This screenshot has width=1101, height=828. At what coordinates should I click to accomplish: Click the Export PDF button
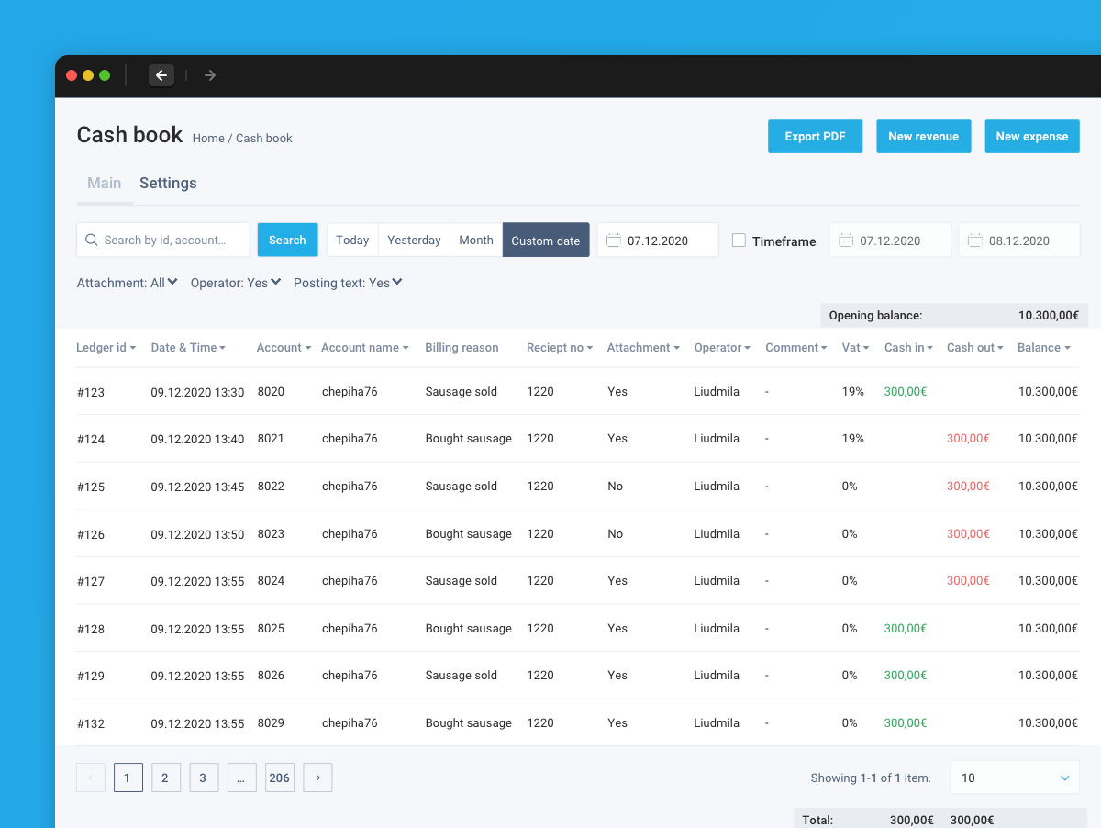[x=815, y=137]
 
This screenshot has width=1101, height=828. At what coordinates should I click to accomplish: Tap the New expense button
[x=1032, y=137]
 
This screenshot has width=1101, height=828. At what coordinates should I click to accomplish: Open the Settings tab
[x=168, y=184]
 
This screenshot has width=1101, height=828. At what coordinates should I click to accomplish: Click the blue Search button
[x=287, y=240]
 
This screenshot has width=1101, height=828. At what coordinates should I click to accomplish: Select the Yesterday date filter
[x=414, y=240]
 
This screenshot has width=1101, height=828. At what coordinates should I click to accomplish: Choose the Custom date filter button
[x=546, y=240]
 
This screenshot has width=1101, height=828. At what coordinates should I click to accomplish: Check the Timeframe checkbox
[x=739, y=241]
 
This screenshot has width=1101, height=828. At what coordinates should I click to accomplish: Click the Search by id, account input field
[x=163, y=240]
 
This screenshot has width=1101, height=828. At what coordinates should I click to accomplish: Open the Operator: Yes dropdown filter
[x=235, y=283]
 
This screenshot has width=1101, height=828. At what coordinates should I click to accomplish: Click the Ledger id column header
[x=106, y=347]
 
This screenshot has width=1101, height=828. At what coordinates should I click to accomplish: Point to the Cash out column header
[x=974, y=347]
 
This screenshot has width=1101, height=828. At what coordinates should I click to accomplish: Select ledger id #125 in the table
[x=91, y=487]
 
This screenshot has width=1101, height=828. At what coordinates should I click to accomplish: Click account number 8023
[x=271, y=533]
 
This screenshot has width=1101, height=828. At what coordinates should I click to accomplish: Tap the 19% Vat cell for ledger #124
[x=852, y=439]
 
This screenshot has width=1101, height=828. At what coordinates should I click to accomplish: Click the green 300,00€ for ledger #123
[x=906, y=391]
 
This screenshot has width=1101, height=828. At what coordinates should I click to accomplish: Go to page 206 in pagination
[x=280, y=778]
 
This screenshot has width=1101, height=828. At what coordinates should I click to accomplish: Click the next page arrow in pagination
[x=317, y=778]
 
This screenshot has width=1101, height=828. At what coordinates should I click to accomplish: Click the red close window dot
[x=72, y=75]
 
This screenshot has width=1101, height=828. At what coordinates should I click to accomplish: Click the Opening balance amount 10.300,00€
[x=1049, y=315]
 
